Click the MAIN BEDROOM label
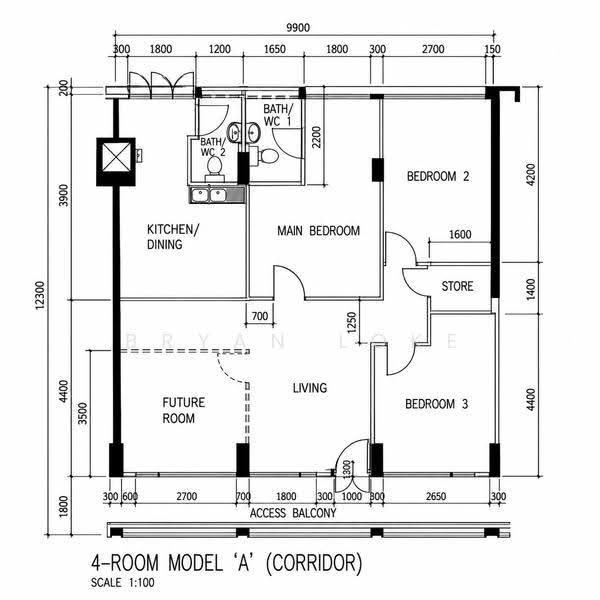318,231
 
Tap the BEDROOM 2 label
438,176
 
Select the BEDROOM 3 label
437,404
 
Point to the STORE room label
457,286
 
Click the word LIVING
310,388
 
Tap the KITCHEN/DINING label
173,236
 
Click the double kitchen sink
209,195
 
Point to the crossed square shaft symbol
116,161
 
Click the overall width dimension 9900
298,28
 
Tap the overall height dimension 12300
40,295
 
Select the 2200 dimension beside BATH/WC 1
316,137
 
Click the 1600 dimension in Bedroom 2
460,234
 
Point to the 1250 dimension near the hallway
352,322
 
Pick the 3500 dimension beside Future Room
83,413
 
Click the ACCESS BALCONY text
293,513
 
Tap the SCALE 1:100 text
123,583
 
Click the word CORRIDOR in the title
314,563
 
